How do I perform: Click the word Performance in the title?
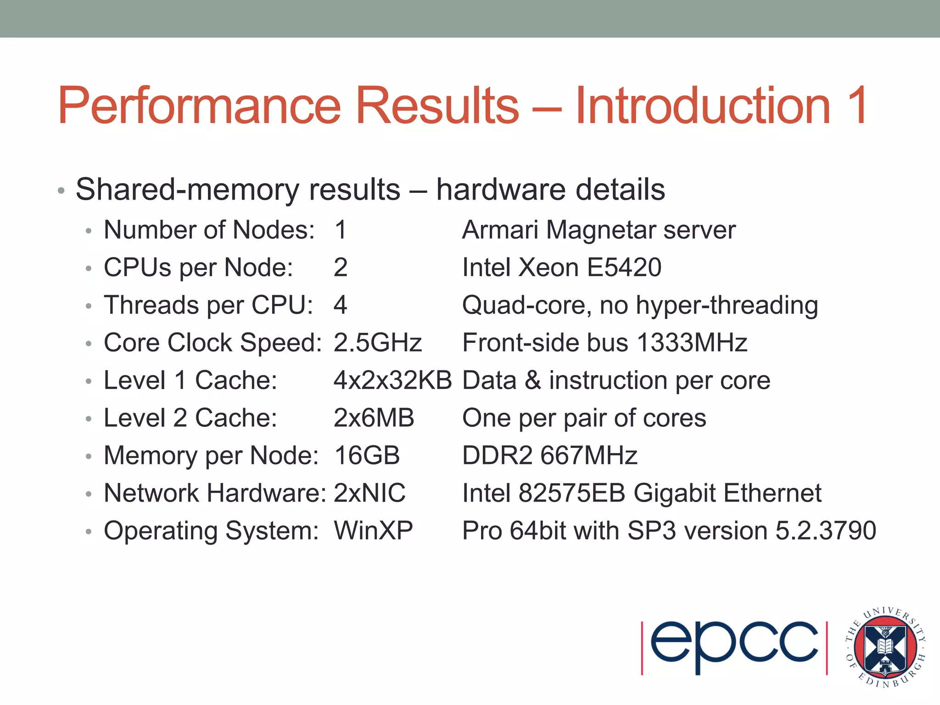click(x=199, y=106)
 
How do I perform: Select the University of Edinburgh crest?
click(x=885, y=647)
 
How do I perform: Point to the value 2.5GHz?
click(x=377, y=343)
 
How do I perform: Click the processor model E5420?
click(x=624, y=268)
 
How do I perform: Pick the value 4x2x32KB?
click(x=392, y=380)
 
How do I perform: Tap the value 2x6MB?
click(x=374, y=418)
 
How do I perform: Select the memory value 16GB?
click(x=367, y=456)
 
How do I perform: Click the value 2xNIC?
click(x=369, y=493)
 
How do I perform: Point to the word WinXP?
click(x=373, y=531)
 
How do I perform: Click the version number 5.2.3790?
click(x=826, y=531)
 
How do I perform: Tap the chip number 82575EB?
click(x=572, y=493)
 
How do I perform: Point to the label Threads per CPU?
click(x=208, y=305)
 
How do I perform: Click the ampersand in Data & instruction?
click(x=532, y=380)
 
